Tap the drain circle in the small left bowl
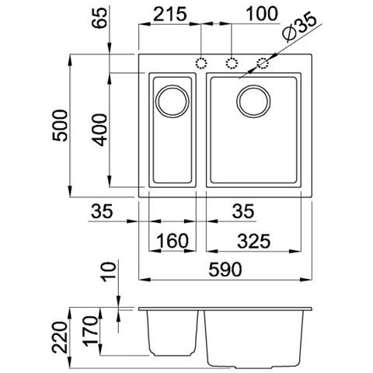[173, 100]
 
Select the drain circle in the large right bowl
[253, 100]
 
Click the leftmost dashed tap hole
[203, 63]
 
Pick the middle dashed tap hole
[232, 63]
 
